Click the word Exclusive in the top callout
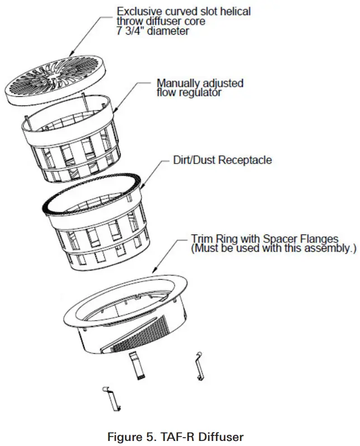138,11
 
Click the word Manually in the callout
179,83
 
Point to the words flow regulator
189,92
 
